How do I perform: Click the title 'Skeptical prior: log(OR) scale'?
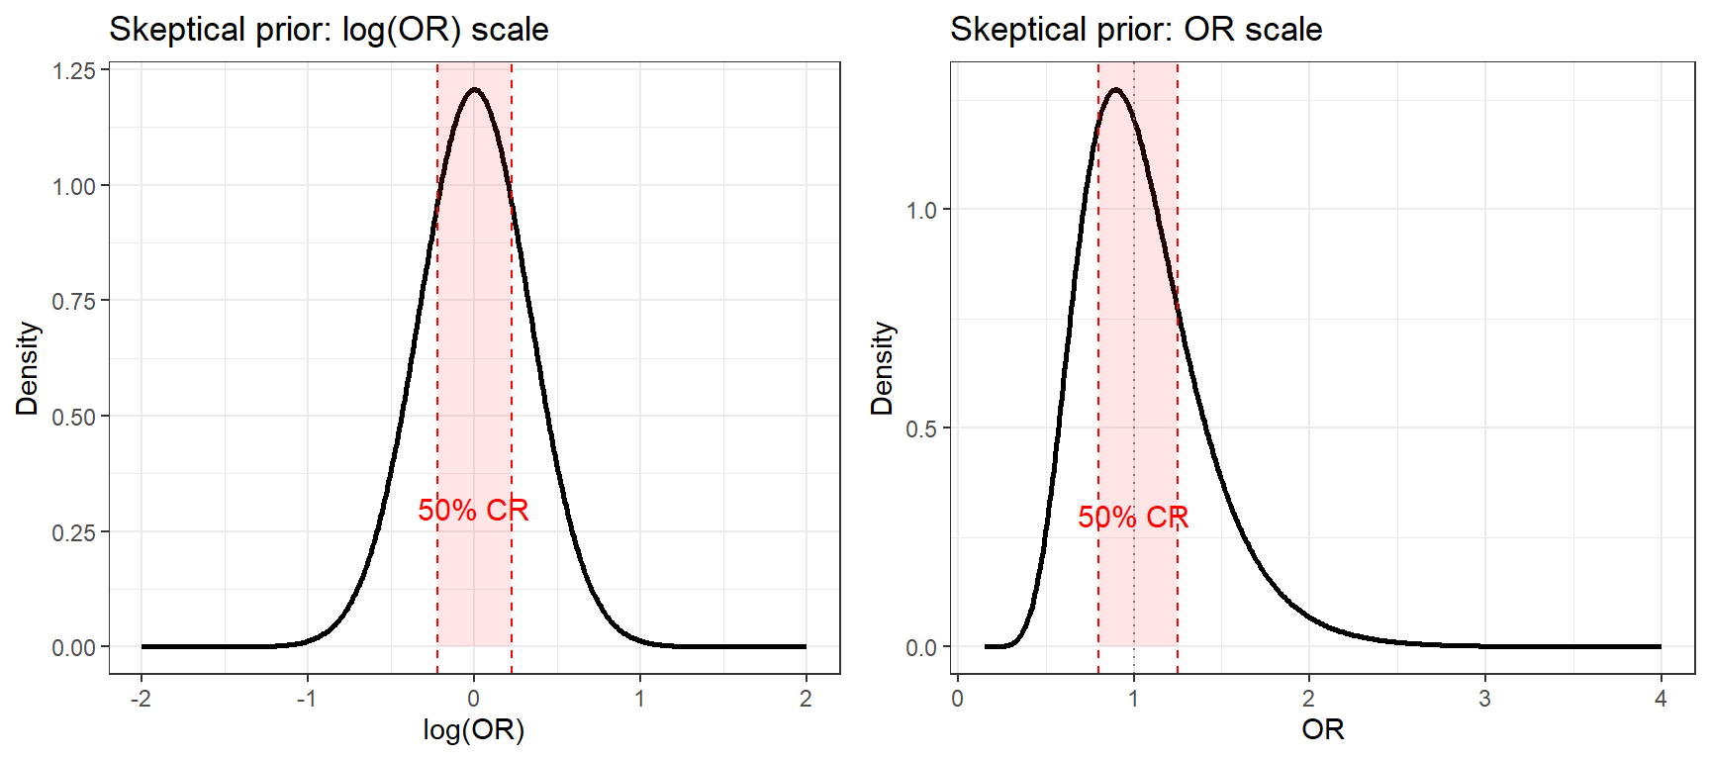(329, 30)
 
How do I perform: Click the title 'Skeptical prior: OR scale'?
(1135, 30)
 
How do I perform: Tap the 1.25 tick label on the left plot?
(74, 71)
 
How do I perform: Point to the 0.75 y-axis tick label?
(74, 302)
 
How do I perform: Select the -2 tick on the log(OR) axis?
(141, 699)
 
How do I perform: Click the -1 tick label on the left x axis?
(307, 699)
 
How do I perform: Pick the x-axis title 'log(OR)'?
(473, 730)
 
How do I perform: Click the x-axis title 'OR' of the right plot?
(1322, 730)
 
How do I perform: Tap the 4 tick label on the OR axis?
(1661, 699)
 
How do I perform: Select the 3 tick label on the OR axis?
(1484, 699)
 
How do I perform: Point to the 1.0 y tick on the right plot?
(921, 211)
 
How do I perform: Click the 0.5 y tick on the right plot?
(921, 429)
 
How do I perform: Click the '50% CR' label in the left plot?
(473, 511)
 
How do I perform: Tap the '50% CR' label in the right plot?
(1133, 518)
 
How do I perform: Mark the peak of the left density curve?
(474, 89)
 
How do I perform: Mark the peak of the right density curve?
(1116, 89)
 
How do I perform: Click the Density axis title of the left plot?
(28, 368)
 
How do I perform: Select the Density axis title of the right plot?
(882, 368)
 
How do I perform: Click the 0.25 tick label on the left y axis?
(74, 533)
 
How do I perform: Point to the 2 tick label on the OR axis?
(1308, 699)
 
